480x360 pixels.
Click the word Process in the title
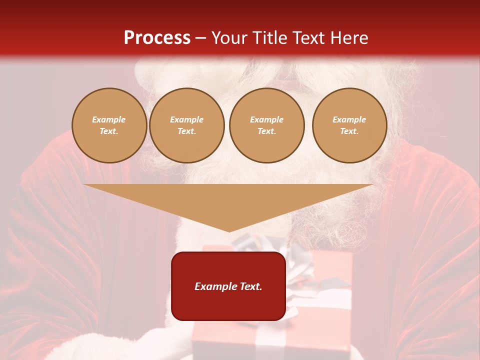pos(157,38)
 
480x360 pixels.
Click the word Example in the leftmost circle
pos(109,120)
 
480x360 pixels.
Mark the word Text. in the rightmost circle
pos(349,131)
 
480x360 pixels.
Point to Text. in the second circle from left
pos(187,131)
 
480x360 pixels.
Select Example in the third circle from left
pos(267,120)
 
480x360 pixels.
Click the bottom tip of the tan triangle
pos(229,230)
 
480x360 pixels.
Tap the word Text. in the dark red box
pos(251,286)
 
